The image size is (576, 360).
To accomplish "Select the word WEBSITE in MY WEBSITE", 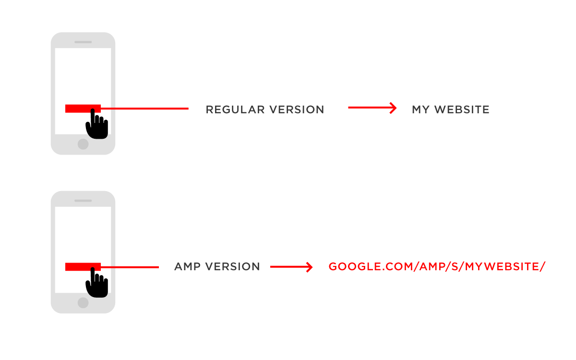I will click(x=462, y=109).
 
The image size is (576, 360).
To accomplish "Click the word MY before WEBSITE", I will click(x=420, y=109).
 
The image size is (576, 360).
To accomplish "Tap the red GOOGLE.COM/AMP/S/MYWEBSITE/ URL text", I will click(x=437, y=266).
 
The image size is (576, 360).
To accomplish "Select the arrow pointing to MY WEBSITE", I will click(x=372, y=108).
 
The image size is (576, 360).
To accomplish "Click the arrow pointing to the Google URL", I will click(x=292, y=266).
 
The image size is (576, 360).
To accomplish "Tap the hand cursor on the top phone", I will click(x=96, y=126).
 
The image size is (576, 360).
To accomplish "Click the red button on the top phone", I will click(x=79, y=108).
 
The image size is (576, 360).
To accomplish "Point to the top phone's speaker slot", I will click(x=83, y=42).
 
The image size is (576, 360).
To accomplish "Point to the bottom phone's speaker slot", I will click(x=83, y=201).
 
